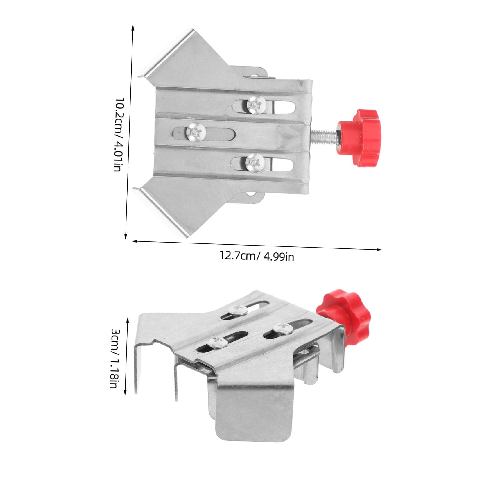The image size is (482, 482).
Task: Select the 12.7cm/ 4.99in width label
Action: [257, 256]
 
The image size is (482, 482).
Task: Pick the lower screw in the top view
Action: [255, 163]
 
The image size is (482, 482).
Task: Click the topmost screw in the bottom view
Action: [238, 310]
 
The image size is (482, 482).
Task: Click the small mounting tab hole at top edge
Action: [255, 76]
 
